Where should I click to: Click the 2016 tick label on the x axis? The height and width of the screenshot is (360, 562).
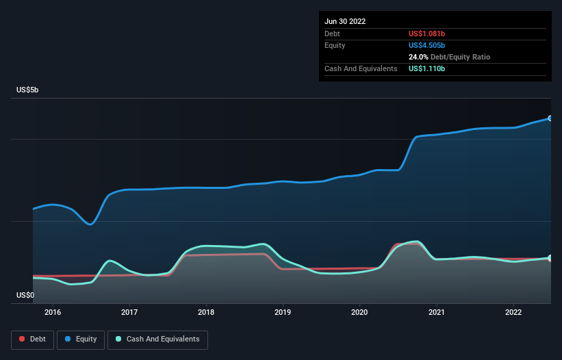click(53, 313)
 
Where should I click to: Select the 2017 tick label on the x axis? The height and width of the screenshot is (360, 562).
click(129, 313)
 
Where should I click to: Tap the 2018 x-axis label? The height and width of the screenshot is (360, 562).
click(206, 313)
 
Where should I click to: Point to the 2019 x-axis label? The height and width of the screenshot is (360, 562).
click(283, 313)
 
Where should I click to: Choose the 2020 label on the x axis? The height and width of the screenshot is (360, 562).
click(359, 313)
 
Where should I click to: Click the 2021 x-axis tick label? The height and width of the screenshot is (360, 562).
click(436, 313)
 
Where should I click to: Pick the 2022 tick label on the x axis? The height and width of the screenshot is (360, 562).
click(513, 313)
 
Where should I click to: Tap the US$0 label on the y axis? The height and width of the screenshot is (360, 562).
click(25, 295)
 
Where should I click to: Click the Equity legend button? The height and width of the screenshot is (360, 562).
click(80, 339)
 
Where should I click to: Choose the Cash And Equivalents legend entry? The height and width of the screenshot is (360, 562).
click(157, 339)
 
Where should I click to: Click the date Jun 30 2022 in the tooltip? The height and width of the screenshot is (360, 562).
click(345, 21)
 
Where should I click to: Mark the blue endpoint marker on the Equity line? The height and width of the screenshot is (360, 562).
click(550, 118)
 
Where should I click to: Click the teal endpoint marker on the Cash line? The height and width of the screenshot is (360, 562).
click(550, 258)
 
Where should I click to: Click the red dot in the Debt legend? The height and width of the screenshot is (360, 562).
click(22, 339)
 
